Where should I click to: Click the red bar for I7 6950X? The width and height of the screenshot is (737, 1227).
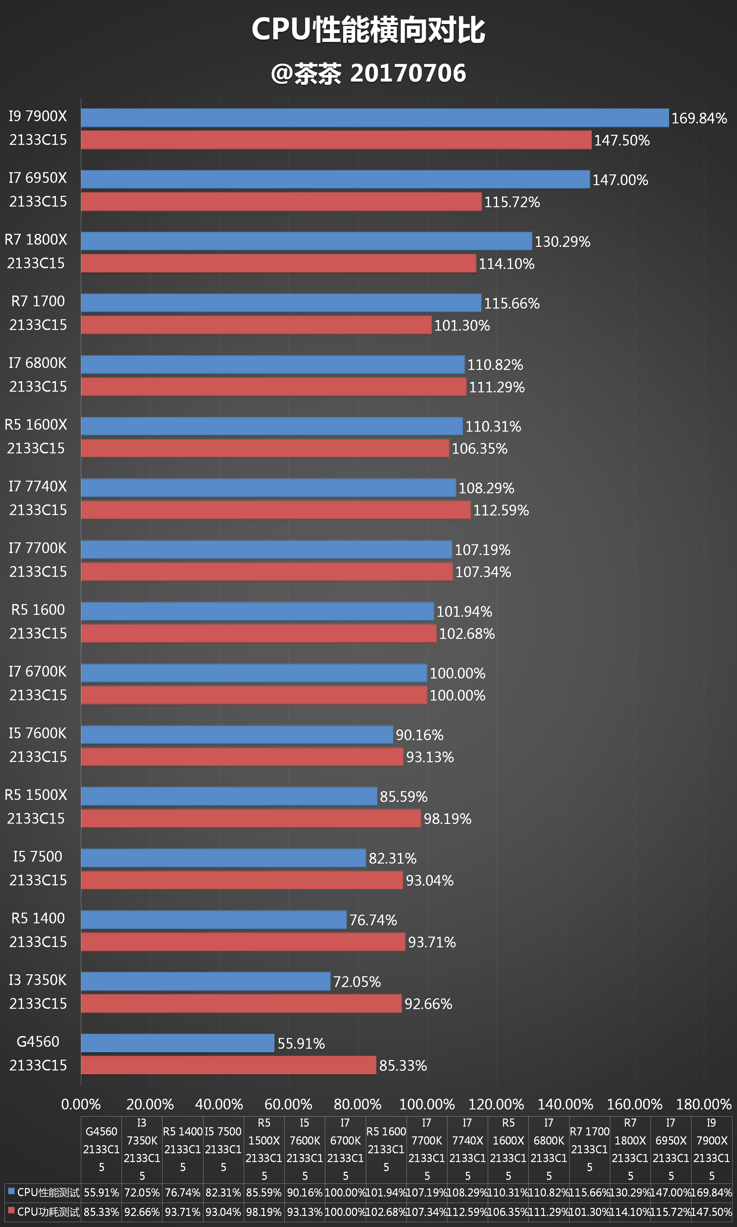[x=281, y=201]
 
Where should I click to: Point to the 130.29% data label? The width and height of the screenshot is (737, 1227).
[x=562, y=242]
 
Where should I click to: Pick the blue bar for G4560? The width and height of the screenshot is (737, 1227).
[x=177, y=1043]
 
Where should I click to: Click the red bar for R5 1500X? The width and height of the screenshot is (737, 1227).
[x=251, y=818]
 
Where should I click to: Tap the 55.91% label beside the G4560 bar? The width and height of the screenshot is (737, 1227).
[x=301, y=1044]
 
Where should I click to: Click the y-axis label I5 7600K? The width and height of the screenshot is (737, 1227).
[x=37, y=733]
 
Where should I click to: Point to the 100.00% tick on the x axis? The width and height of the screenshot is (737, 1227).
[x=427, y=1105]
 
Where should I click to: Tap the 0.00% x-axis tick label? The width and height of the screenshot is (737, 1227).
[x=81, y=1105]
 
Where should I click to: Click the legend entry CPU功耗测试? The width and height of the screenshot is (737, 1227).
[x=44, y=1212]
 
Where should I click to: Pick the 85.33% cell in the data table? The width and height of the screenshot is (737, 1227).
[x=101, y=1212]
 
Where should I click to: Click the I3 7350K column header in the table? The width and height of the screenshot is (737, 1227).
[x=142, y=1149]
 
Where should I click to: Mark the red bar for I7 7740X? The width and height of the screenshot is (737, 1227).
[x=275, y=510]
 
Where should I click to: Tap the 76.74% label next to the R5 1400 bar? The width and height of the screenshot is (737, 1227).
[x=373, y=920]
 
